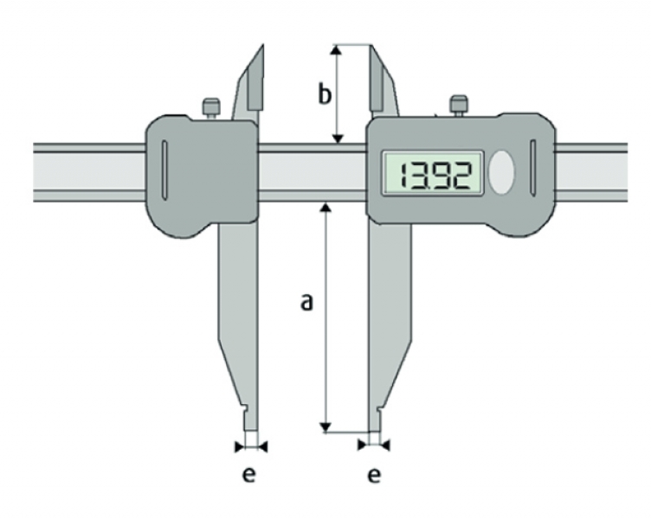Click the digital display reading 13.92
pyautogui.click(x=433, y=173)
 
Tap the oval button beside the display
pyautogui.click(x=501, y=173)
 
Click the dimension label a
pyautogui.click(x=306, y=303)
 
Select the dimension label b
pyautogui.click(x=325, y=93)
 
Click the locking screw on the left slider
pyautogui.click(x=211, y=109)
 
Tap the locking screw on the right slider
pyautogui.click(x=459, y=106)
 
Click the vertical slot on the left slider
pyautogui.click(x=164, y=170)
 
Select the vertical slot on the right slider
pyautogui.click(x=533, y=168)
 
